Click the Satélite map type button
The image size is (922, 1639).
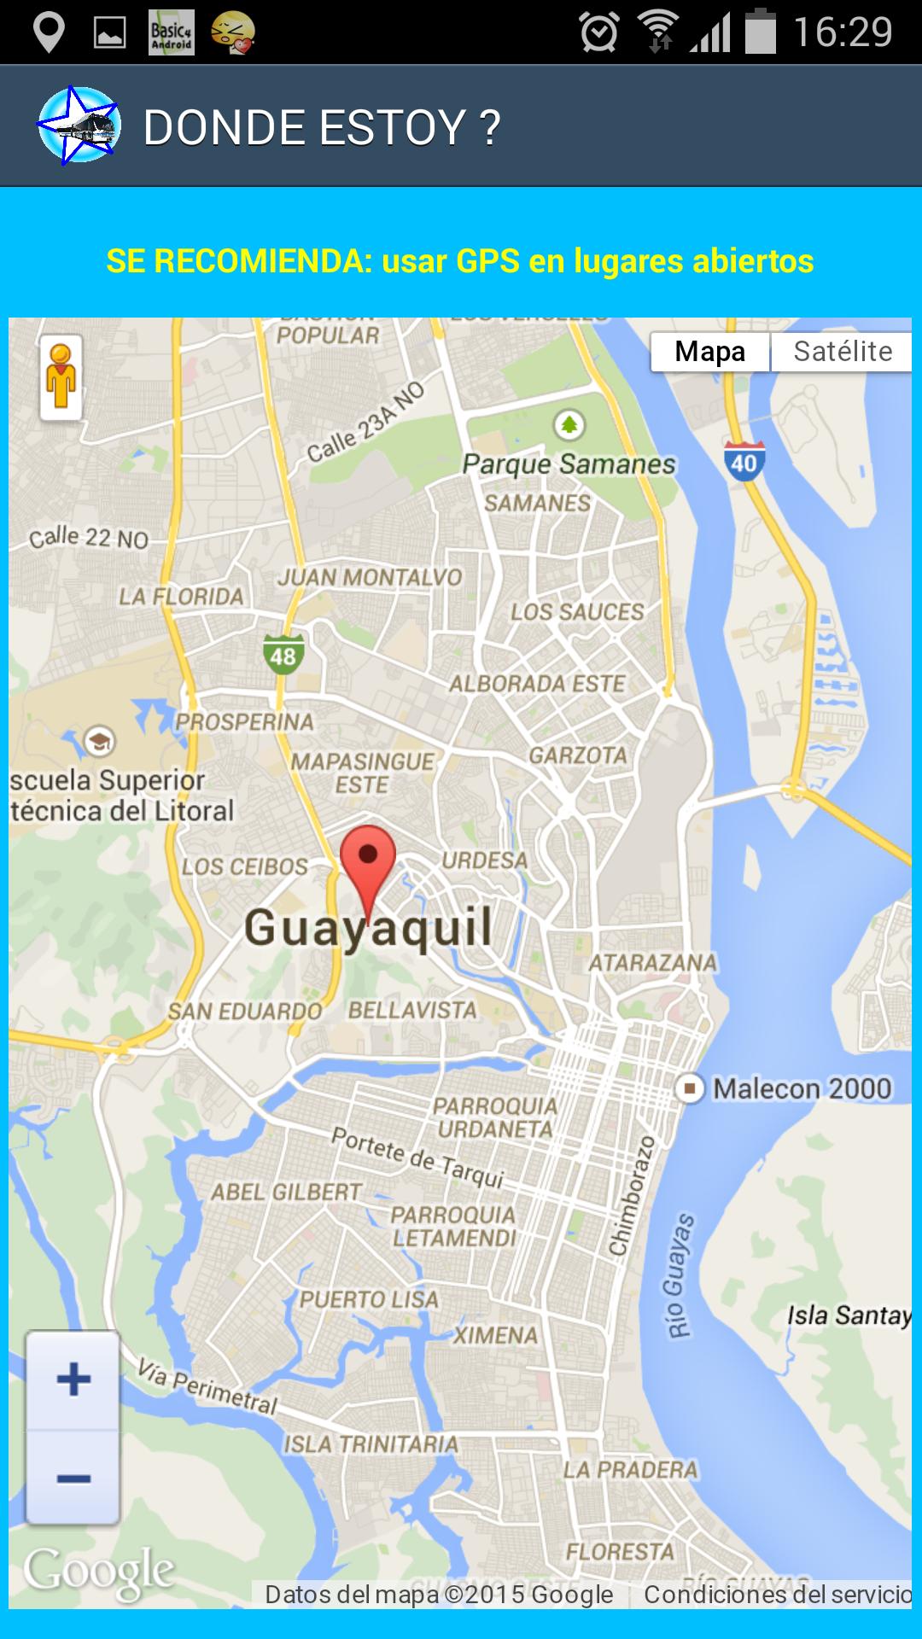(842, 352)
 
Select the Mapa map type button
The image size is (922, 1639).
(709, 352)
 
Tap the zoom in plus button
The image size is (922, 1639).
(73, 1379)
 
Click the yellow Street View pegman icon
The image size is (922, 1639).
(61, 377)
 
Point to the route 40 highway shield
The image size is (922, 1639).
(744, 462)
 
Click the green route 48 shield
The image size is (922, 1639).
(283, 655)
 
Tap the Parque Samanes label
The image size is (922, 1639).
(569, 464)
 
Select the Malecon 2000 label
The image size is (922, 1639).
(801, 1088)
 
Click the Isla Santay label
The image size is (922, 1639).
(849, 1315)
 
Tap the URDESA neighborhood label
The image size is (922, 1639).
(484, 860)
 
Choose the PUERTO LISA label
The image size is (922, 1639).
(369, 1299)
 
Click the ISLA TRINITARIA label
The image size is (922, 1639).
(371, 1444)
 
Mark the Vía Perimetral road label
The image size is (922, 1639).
(207, 1387)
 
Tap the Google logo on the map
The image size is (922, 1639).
(99, 1571)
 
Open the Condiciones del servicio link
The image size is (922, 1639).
(777, 1594)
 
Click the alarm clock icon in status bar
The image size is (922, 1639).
(599, 32)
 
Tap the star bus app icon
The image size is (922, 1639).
(79, 126)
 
